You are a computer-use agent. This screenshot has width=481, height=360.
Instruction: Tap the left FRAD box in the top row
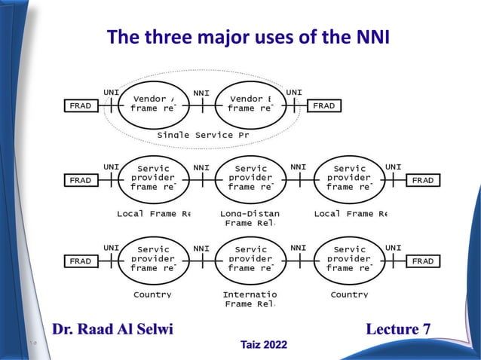coord(80,106)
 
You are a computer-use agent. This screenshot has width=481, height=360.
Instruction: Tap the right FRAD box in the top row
coord(323,106)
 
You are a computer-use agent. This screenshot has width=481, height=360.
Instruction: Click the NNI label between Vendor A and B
coord(201,93)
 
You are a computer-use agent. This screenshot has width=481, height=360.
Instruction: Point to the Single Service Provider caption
coord(203,135)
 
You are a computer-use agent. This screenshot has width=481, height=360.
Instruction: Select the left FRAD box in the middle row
coord(80,181)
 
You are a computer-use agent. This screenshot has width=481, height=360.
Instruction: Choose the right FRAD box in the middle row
coord(423,181)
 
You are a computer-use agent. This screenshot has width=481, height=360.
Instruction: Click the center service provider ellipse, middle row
coord(251,178)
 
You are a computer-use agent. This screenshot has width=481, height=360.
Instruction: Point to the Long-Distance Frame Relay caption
coord(249,218)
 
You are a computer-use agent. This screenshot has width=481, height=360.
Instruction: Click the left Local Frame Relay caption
coord(154,214)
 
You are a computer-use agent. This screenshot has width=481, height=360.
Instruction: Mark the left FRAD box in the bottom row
coord(80,261)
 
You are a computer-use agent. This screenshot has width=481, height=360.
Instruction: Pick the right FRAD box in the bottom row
coord(423,261)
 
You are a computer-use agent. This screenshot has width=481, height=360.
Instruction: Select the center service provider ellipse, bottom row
coord(251,258)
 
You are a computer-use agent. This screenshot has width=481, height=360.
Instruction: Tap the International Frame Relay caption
coord(250,299)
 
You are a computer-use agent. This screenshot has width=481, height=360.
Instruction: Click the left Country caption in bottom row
coord(152,294)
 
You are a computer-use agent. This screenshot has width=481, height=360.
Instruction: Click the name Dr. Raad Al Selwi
coord(112,328)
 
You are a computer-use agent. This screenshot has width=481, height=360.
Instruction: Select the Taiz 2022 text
coord(263,345)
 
